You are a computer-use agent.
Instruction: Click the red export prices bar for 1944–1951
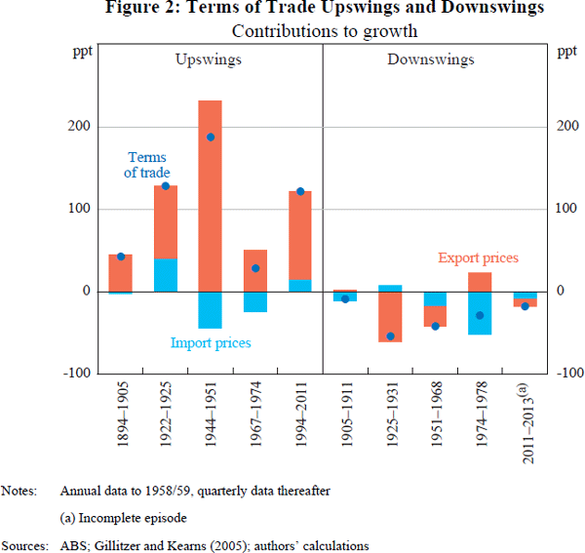[x=210, y=195]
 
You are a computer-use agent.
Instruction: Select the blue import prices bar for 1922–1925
[x=165, y=275]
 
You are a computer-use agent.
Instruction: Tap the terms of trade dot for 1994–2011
[x=300, y=191]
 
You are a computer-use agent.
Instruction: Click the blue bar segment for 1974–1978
[x=480, y=313]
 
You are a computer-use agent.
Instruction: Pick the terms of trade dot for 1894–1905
[x=121, y=257]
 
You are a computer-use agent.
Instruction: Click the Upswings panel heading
[x=209, y=59]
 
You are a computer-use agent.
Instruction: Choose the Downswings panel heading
[x=430, y=59]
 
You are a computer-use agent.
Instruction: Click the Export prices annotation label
[x=478, y=258]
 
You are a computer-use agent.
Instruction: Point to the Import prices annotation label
[x=211, y=343]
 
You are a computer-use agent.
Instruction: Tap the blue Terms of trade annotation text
[x=146, y=165]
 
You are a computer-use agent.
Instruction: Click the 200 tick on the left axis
[x=81, y=127]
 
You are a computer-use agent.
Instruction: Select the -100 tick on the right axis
[x=570, y=374]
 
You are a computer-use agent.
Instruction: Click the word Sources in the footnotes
[x=24, y=544]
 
